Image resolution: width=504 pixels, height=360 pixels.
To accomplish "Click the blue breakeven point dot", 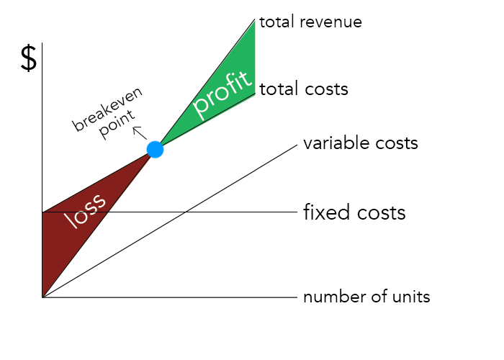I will (155, 150).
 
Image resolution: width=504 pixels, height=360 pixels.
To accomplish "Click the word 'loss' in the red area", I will (86, 210).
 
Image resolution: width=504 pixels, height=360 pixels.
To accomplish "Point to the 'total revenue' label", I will (310, 22).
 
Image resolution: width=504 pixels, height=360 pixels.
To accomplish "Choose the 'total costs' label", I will (303, 89).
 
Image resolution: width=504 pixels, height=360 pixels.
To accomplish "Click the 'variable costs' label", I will (360, 143).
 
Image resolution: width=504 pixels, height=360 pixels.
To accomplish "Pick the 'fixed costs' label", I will (354, 213).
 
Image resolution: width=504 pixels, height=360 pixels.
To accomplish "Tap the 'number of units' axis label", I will (366, 297).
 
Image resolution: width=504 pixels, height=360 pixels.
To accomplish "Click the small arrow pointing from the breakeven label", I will (138, 131).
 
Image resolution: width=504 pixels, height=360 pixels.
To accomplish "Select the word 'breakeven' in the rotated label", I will (107, 110).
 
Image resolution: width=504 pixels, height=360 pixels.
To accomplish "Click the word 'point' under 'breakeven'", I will (120, 124).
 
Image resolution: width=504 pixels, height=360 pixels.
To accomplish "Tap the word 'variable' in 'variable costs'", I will (332, 143).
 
